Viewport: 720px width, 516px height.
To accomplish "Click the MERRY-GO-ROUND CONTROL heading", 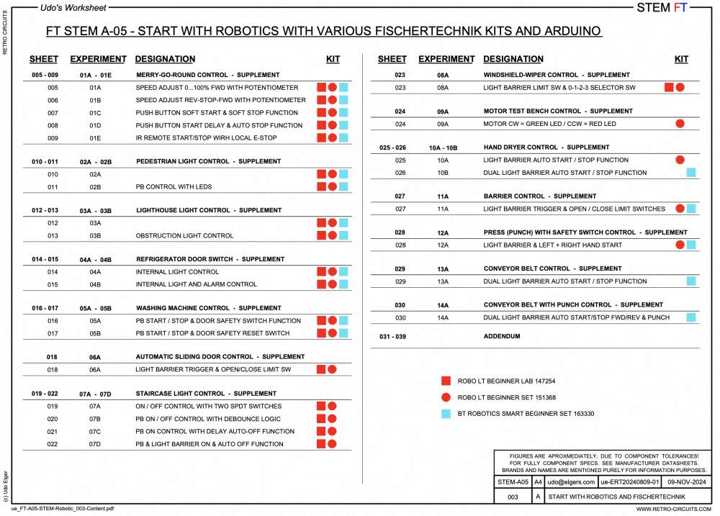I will click(x=208, y=75).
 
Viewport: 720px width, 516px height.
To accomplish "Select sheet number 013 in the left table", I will click(x=53, y=235).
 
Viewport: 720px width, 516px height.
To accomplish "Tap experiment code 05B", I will click(x=95, y=333).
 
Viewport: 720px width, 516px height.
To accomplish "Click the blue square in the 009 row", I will click(x=344, y=137).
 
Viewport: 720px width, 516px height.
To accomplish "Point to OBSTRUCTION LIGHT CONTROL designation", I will click(x=184, y=235).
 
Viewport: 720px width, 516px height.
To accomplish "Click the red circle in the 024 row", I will click(x=680, y=124).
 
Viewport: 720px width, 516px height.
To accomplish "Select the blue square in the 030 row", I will click(x=691, y=317).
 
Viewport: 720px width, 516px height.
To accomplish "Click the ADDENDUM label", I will click(x=501, y=336).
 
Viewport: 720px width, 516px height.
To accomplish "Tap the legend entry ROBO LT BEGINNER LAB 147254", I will click(x=506, y=381).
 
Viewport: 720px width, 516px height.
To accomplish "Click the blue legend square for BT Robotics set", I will click(x=446, y=414).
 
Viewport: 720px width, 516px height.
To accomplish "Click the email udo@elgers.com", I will click(x=571, y=481).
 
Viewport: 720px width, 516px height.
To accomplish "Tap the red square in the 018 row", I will click(x=321, y=369).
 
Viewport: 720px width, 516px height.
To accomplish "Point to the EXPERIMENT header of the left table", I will click(x=98, y=59).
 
